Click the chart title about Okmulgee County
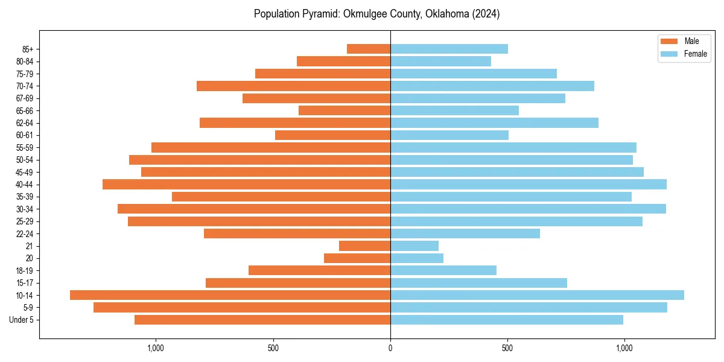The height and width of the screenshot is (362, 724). pos(376,14)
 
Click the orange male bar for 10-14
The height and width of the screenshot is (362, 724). pos(230,295)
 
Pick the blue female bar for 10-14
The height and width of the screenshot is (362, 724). pos(537,295)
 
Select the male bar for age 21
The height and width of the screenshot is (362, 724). pos(364,246)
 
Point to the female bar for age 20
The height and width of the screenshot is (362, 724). pos(417,258)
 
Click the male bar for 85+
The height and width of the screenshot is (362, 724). pos(369,49)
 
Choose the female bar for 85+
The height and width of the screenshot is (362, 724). pos(449,49)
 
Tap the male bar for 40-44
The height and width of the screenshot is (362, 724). pos(246,184)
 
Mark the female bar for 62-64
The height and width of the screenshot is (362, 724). pos(494,122)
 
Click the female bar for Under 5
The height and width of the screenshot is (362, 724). pos(507,320)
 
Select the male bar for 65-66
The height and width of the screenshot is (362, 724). pos(345,110)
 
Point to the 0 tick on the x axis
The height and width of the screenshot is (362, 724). pos(390,348)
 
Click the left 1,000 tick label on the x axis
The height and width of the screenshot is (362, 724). pos(156,348)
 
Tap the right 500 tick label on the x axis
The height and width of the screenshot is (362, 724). pos(507,348)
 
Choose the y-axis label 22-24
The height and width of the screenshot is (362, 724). pos(25,233)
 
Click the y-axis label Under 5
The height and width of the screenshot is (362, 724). pos(22,320)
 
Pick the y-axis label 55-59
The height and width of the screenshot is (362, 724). pos(25,147)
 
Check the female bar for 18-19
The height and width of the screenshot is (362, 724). pos(443,270)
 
